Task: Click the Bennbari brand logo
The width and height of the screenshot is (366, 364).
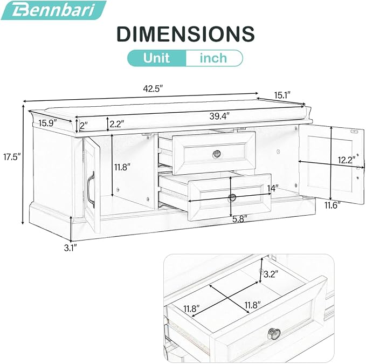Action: [x=53, y=10]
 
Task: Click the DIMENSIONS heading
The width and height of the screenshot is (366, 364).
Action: [x=185, y=34]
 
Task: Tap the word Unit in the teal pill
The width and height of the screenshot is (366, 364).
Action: [x=156, y=58]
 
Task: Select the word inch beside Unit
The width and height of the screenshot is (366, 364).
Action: [x=213, y=58]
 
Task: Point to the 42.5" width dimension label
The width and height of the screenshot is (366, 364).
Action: [x=153, y=89]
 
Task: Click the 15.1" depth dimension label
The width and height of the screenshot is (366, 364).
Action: [x=282, y=95]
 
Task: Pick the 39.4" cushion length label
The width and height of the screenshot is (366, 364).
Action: [x=219, y=116]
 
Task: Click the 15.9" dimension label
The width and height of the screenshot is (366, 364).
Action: [x=48, y=123]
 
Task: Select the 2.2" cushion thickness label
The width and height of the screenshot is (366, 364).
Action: [x=117, y=123]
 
